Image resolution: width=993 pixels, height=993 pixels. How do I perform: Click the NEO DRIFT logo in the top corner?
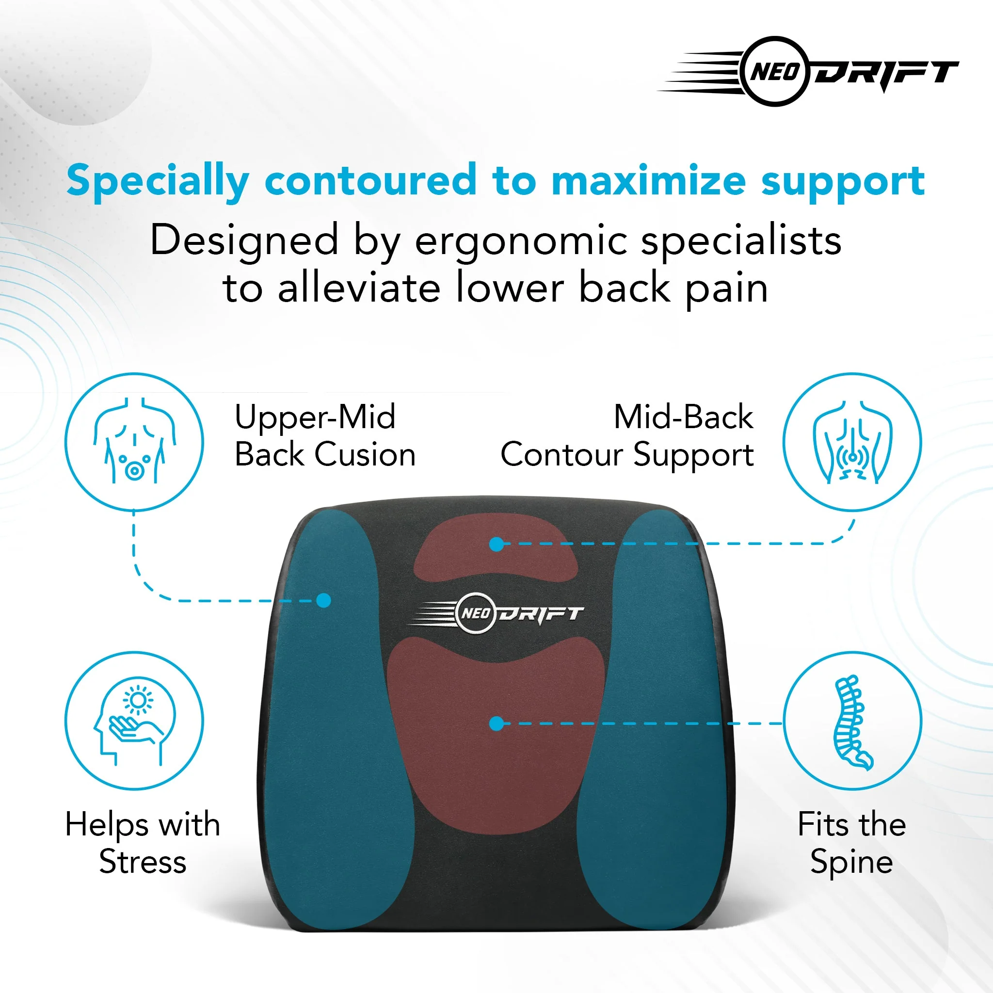pyautogui.click(x=808, y=71)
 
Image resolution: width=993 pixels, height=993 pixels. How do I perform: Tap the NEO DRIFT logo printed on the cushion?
pyautogui.click(x=496, y=613)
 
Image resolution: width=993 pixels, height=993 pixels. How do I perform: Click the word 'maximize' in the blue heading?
pyautogui.click(x=649, y=180)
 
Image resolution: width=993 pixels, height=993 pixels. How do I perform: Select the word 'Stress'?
pyautogui.click(x=143, y=862)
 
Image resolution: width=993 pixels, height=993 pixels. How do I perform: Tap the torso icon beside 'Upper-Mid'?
pyautogui.click(x=134, y=442)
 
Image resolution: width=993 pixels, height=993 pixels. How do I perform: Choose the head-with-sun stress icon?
pyautogui.click(x=134, y=721)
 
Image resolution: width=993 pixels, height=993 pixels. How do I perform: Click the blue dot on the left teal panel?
pyautogui.click(x=324, y=600)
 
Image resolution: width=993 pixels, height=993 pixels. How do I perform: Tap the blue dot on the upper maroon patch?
pyautogui.click(x=496, y=545)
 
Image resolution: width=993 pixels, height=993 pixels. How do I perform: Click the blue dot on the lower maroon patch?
pyautogui.click(x=496, y=724)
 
